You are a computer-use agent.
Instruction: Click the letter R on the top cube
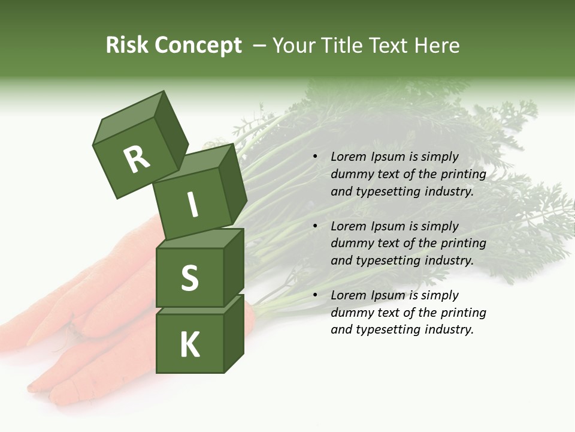click(x=137, y=160)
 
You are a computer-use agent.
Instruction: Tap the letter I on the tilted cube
click(x=192, y=205)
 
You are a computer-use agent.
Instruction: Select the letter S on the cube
click(x=189, y=278)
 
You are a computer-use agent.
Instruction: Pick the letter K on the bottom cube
click(x=189, y=345)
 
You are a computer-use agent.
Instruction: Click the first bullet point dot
click(x=314, y=157)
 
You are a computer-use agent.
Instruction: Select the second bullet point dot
click(x=314, y=226)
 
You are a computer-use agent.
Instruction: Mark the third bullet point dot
click(x=314, y=295)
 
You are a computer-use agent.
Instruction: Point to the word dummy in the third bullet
click(x=349, y=312)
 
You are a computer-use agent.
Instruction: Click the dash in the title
click(x=260, y=46)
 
